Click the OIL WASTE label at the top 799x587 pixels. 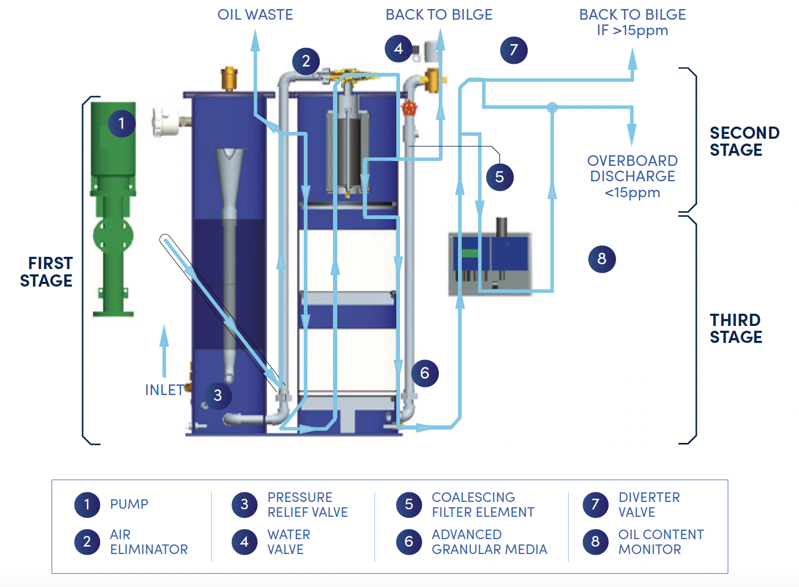[255, 15]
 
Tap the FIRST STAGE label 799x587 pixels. [46, 272]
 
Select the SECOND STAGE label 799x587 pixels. [744, 141]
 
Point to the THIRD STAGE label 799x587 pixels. [736, 329]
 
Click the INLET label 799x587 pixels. [164, 390]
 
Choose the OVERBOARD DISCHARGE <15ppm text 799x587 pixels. [632, 177]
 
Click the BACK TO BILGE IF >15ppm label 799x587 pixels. [632, 22]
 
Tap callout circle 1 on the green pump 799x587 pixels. [121, 123]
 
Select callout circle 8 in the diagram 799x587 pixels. [602, 259]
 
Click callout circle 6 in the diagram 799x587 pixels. [425, 373]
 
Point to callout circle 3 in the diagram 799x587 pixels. [218, 396]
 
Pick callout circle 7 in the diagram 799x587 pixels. [513, 50]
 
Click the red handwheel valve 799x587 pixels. [409, 108]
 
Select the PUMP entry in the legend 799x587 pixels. [129, 504]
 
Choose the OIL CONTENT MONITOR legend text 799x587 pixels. [661, 542]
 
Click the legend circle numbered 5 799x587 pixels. [409, 505]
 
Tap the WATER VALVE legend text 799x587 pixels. [288, 542]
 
